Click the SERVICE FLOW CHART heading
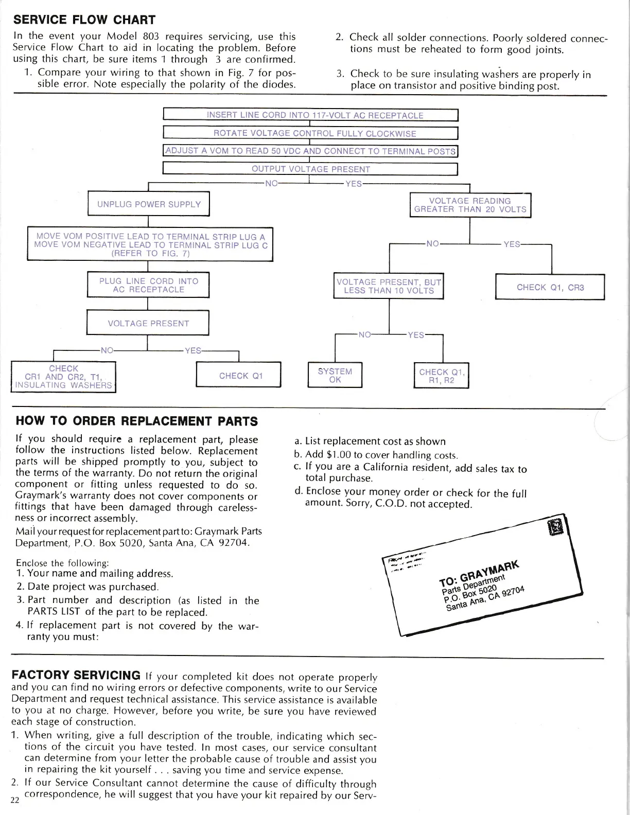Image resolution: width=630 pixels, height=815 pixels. pyautogui.click(x=84, y=20)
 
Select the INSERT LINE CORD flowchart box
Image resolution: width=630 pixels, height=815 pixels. pyautogui.click(x=310, y=115)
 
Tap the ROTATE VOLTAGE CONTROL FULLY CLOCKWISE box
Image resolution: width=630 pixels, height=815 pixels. pyautogui.click(x=310, y=133)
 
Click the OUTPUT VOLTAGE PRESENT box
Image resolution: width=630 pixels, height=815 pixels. pyautogui.click(x=310, y=169)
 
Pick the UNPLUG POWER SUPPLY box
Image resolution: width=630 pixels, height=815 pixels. pyautogui.click(x=149, y=204)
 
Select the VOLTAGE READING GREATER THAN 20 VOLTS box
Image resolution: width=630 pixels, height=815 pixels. pyautogui.click(x=470, y=205)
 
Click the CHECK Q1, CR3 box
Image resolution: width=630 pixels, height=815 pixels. pyautogui.click(x=550, y=287)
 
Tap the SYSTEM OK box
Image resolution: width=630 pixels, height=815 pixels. pyautogui.click(x=335, y=375)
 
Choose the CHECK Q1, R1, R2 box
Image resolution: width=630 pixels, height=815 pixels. pyautogui.click(x=442, y=376)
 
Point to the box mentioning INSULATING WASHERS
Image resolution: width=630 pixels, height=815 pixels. pyautogui.click(x=63, y=377)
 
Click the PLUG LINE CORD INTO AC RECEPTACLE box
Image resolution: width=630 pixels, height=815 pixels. pyautogui.click(x=148, y=285)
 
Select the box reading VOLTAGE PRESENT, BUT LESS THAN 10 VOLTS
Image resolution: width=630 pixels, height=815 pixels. pyautogui.click(x=389, y=286)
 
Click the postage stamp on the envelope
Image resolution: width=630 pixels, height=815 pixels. pyautogui.click(x=557, y=527)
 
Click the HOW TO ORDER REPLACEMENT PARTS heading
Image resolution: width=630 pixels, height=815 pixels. pyautogui.click(x=137, y=421)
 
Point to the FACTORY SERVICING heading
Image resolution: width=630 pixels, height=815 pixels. pyautogui.click(x=76, y=675)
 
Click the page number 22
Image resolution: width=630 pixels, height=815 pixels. pyautogui.click(x=14, y=801)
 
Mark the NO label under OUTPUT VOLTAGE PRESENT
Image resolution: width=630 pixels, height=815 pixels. pyautogui.click(x=271, y=183)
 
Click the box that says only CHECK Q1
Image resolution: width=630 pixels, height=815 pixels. pyautogui.click(x=239, y=376)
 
